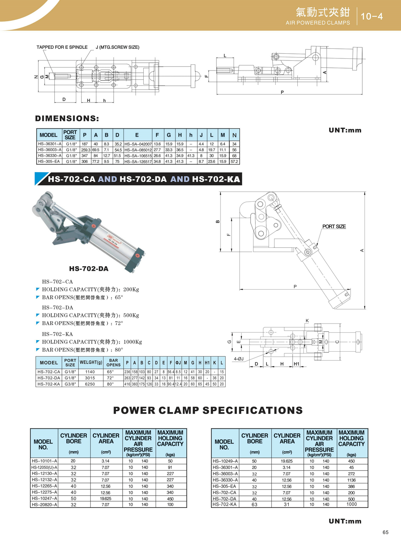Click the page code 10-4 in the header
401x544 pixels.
coord(372,16)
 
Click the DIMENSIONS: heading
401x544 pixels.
coord(67,119)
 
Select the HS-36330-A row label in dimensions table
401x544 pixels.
coord(49,156)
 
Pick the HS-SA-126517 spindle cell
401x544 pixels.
coord(138,162)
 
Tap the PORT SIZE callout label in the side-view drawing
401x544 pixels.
coord(334,226)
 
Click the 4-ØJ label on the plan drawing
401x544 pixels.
coord(239,359)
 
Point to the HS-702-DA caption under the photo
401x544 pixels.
coord(89,269)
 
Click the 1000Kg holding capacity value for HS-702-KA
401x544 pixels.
coord(133,342)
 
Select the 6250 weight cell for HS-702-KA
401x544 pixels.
coord(90,384)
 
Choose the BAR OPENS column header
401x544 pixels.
coord(113,363)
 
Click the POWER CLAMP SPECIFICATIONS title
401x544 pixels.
coord(208,410)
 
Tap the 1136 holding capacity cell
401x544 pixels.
coord(351,480)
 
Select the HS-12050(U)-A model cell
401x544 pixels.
coord(44,468)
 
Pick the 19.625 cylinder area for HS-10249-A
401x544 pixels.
coord(286,461)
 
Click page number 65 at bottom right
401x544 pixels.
coord(385,532)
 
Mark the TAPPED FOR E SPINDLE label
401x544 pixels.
coord(62,47)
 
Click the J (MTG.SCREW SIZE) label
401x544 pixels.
coord(117,47)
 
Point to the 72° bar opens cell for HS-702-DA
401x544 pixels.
coord(110,378)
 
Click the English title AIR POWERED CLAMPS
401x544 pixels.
coord(317,23)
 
